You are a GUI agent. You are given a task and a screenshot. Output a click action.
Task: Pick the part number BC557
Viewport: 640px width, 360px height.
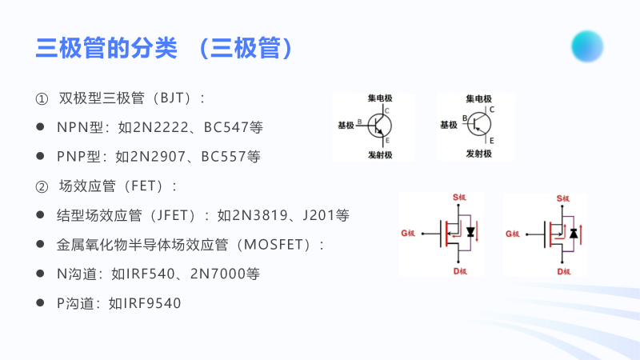[x=221, y=156]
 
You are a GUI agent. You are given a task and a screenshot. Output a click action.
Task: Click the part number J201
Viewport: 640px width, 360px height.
[x=314, y=215]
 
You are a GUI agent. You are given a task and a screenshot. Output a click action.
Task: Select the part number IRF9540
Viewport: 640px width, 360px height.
[x=153, y=303]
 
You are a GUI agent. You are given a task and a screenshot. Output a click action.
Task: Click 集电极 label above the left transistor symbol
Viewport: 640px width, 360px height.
[x=379, y=98]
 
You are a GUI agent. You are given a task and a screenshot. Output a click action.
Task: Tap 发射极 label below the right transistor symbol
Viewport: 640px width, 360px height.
[x=479, y=153]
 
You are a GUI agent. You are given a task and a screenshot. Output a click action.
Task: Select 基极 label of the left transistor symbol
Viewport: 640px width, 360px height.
[x=346, y=126]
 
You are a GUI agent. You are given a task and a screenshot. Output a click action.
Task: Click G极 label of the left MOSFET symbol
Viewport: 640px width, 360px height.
[x=408, y=234]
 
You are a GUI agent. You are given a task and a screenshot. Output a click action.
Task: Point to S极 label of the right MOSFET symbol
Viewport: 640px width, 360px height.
[x=563, y=198]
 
